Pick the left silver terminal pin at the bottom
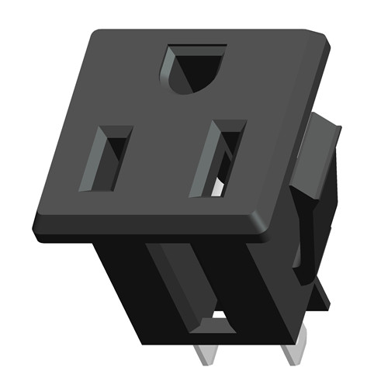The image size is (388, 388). pyautogui.click(x=203, y=354)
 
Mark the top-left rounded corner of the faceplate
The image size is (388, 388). pyautogui.click(x=98, y=35)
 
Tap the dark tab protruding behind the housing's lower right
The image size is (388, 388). pyautogui.click(x=318, y=291)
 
